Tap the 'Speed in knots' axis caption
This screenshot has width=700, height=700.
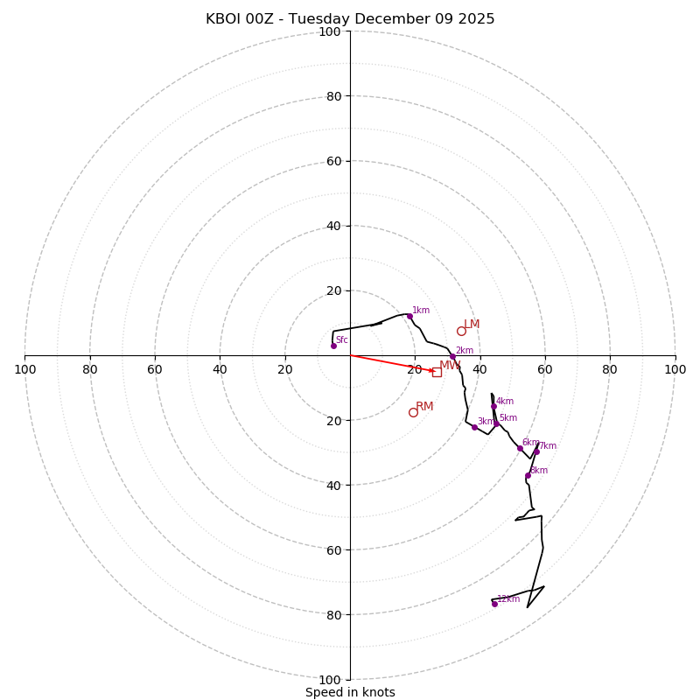coord(350,692)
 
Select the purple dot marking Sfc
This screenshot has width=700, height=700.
coord(333,346)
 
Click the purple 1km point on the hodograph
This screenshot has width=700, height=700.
coord(409,316)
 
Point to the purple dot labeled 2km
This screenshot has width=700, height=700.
coord(452,356)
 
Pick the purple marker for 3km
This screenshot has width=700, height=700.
coord(474,427)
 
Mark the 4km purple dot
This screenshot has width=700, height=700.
coord(493,406)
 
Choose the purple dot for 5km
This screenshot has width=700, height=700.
coord(496,423)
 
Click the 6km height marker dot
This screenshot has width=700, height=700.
coord(520,448)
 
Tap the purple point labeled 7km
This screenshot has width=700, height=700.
coord(536,451)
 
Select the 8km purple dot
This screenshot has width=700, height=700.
coord(528,475)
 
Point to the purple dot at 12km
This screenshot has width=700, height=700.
coord(494,604)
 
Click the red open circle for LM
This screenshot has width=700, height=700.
coord(461,331)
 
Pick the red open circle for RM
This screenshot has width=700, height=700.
coord(413,412)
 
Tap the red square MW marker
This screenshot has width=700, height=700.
coord(437,372)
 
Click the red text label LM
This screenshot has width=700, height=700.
coord(472,325)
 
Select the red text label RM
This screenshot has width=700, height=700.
coord(424,407)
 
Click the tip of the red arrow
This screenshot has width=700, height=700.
coord(435,372)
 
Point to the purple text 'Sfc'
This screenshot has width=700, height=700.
coord(341,339)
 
